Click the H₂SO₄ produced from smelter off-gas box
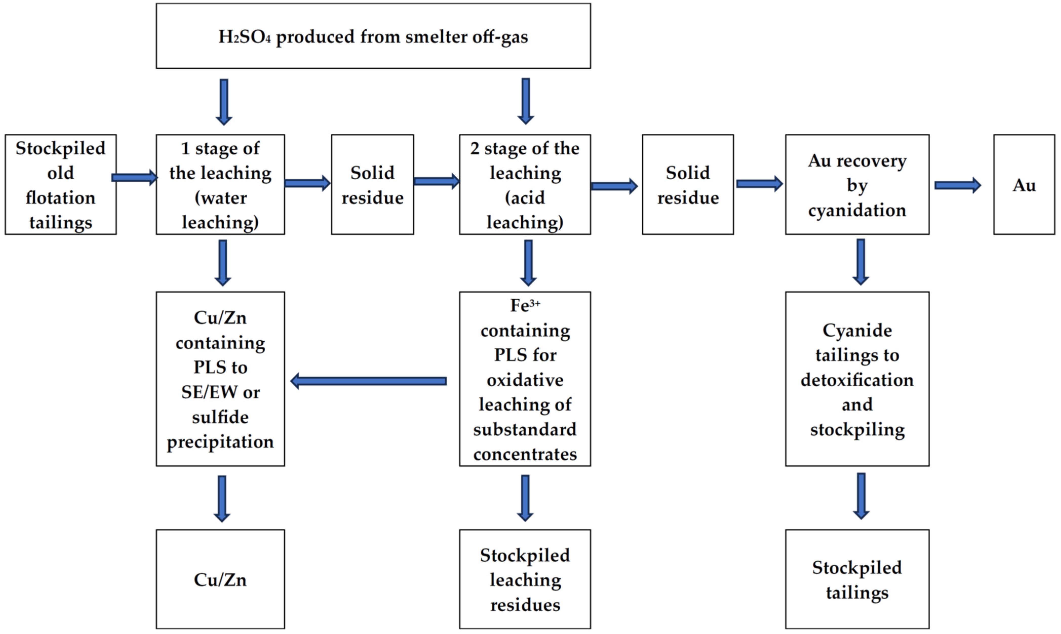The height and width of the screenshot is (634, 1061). coord(373,36)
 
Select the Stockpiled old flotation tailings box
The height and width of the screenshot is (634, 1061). coord(61,185)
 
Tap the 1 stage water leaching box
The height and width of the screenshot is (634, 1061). coord(220,185)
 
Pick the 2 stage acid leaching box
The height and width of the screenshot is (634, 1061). coord(525,185)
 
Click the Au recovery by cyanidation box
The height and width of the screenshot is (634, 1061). coord(857,185)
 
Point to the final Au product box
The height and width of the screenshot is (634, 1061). coord(1024,185)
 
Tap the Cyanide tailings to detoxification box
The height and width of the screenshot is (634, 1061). coord(857,379)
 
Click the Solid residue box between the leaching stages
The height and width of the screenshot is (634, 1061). coord(372,185)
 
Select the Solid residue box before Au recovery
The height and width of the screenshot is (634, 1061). coord(687,185)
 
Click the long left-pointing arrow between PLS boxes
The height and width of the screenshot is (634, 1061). coord(368,381)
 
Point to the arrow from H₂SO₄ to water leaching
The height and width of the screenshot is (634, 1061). coord(224,102)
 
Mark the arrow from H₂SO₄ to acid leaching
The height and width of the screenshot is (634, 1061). coord(526,101)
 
